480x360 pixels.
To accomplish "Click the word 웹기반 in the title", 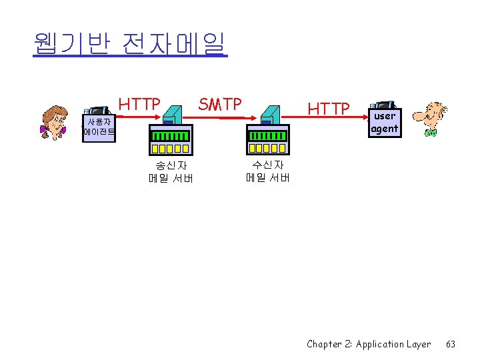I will click(67, 44).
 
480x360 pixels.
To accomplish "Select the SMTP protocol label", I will click(220, 104).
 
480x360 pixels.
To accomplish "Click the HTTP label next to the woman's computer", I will click(139, 105).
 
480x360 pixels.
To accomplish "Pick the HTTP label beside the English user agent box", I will click(329, 108).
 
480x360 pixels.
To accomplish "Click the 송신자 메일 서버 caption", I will click(170, 171).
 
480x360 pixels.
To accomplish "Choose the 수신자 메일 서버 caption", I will click(267, 171).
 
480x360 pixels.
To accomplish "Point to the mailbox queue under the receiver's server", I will click(267, 141).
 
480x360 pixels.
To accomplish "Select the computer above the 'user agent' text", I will click(385, 105).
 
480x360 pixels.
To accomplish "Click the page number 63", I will click(451, 344).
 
